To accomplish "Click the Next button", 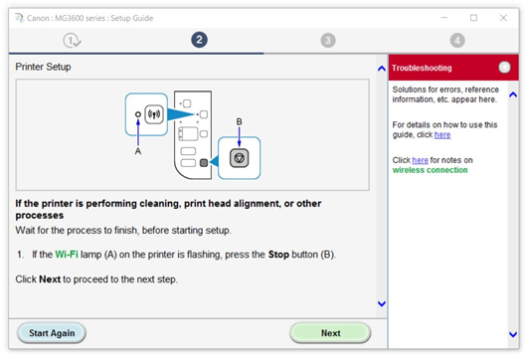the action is pos(330,333).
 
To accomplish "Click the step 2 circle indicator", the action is pos(199,40).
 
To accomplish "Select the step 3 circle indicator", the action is pos(328,41).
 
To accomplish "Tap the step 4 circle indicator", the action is pos(457,41).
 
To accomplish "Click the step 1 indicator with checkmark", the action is pos(72,41).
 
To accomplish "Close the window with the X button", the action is pos(503,18).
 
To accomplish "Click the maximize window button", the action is pos(473,18).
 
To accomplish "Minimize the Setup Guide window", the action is pos(444,18).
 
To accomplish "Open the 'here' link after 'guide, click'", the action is pos(442,135).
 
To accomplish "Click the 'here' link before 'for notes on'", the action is pos(420,160).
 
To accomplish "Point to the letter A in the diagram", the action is pos(138,151).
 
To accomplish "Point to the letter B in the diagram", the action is pos(240,121).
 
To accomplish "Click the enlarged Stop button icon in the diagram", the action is pos(240,158).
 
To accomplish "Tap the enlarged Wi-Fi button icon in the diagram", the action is pos(154,114).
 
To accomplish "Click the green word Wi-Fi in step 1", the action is pos(67,255).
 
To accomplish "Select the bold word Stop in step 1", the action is pos(278,255).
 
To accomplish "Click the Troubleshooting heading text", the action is pos(422,68).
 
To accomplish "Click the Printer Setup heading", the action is pos(43,67).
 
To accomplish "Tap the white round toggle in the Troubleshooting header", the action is pos(504,68).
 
